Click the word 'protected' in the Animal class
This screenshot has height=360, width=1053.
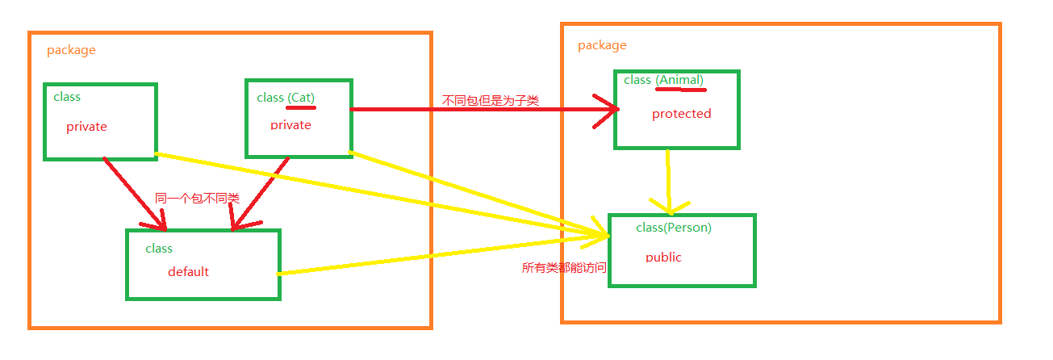681,114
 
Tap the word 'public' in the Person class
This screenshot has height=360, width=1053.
663,257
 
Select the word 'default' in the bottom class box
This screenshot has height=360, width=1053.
188,271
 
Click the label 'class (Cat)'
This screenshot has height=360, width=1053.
286,98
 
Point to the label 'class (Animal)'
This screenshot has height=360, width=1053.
663,80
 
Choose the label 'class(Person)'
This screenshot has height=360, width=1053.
674,228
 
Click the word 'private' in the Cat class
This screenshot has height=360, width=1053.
290,124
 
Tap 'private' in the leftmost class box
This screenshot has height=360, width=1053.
86,127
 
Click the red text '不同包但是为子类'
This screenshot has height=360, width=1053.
491,101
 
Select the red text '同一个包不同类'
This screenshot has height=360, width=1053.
197,198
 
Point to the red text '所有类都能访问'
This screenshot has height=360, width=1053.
563,267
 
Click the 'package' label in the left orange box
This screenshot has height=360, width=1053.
71,50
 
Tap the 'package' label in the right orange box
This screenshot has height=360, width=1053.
602,45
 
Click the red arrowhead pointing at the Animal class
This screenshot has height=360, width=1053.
607,111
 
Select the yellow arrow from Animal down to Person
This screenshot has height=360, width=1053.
669,182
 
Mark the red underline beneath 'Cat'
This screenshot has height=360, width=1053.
301,107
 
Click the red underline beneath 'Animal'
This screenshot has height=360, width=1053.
681,90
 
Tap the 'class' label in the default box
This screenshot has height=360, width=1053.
159,249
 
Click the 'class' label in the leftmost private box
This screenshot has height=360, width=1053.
67,97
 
